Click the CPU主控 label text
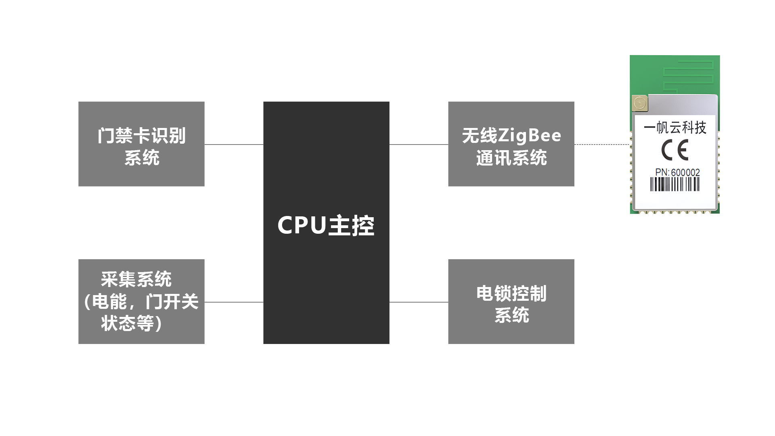326,225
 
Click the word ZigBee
530,136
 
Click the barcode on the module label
674,184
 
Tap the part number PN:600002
677,172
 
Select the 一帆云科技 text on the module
674,128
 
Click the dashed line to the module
601,144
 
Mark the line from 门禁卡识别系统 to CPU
234,144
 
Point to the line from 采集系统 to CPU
234,302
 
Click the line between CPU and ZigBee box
419,144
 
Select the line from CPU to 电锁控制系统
419,302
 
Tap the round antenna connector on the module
640,103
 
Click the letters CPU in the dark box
302,225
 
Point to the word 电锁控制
511,293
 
